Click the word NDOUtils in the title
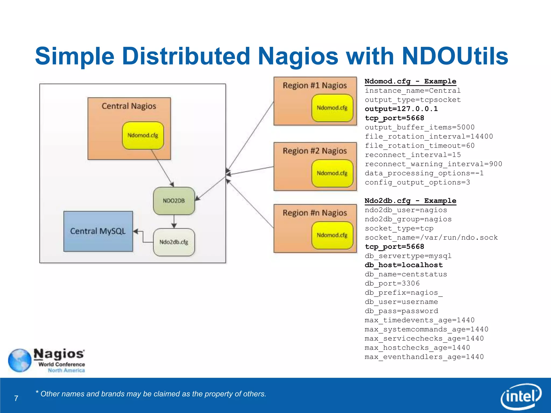(455, 56)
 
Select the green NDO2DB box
(174, 201)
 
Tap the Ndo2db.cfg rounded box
(174, 242)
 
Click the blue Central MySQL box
(98, 231)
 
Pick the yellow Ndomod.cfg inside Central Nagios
(143, 136)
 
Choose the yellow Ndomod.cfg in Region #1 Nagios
(332, 108)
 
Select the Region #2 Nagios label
(315, 151)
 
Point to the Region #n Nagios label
(315, 213)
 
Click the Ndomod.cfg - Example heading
(410, 81)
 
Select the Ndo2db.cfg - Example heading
(410, 201)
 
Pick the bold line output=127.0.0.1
(401, 109)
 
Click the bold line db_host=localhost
(404, 265)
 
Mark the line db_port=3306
(392, 283)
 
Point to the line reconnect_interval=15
(413, 155)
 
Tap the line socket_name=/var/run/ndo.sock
(431, 237)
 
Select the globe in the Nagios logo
(20, 360)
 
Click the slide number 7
(16, 398)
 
